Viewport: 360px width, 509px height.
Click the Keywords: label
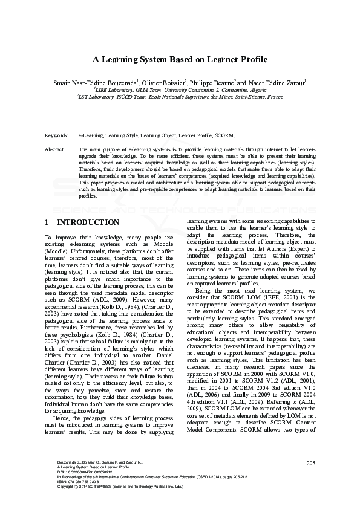[58, 136]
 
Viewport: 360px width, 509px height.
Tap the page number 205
[312, 480]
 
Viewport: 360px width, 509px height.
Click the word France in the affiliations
[276, 96]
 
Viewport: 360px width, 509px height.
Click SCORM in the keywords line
[223, 136]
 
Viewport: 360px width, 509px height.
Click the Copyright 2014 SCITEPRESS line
[115, 504]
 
